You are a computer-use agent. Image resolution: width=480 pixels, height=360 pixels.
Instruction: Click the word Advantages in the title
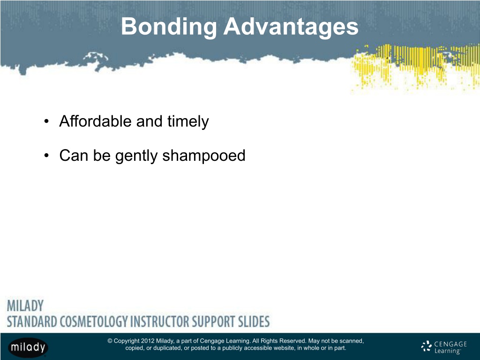pos(291,27)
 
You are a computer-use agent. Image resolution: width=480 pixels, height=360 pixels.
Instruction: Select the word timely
pos(188,122)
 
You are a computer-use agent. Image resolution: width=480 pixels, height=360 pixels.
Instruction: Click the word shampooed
pos(203,156)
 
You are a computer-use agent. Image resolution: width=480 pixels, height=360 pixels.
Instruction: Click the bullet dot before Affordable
pos(46,121)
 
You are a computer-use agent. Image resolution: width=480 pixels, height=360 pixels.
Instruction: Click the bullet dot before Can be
pos(46,156)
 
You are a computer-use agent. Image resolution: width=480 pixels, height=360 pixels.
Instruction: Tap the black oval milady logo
pos(28,347)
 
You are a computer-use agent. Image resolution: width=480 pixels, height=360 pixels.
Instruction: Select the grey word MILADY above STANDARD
pos(25,306)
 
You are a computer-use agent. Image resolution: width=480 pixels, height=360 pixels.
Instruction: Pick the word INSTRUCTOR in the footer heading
pos(159,322)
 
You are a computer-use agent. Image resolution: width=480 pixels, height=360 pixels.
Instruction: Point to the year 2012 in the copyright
pos(148,341)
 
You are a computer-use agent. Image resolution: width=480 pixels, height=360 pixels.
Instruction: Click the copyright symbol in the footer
pos(110,341)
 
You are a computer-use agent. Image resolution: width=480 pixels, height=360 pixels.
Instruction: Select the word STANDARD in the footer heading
pos(32,322)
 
